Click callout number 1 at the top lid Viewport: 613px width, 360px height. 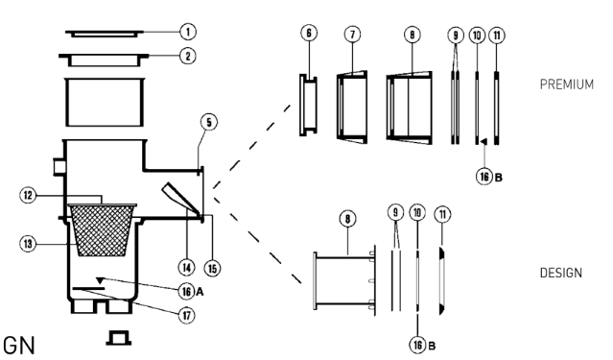[188, 32]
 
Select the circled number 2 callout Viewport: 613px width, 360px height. [188, 56]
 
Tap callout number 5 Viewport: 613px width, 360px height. [209, 122]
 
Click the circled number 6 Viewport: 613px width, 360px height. [309, 33]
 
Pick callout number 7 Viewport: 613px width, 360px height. [353, 35]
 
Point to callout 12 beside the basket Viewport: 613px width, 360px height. [28, 195]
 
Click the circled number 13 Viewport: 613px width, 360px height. [28, 244]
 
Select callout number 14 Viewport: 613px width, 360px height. [186, 268]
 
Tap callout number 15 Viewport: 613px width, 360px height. [212, 269]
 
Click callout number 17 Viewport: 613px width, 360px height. [186, 315]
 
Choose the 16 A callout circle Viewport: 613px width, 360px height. [186, 292]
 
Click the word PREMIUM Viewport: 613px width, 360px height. [567, 84]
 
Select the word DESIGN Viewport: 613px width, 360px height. [560, 273]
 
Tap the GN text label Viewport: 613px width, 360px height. [19, 346]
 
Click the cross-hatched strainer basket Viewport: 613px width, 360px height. [103, 230]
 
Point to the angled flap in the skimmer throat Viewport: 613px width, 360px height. [180, 198]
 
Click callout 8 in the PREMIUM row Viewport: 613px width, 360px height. [413, 35]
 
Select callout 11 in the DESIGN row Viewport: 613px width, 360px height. [442, 214]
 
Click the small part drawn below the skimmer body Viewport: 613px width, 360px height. [118, 338]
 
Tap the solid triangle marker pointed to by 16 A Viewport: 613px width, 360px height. [100, 280]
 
